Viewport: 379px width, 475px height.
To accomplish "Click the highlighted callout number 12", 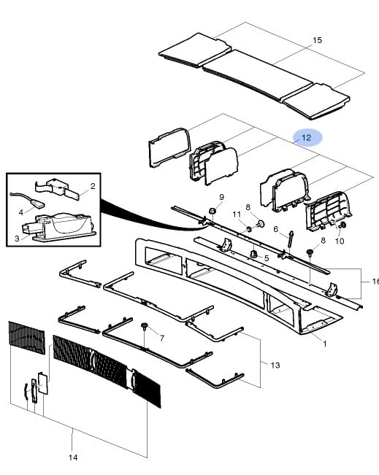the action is (x=307, y=138).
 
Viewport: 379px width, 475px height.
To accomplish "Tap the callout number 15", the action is (x=317, y=40).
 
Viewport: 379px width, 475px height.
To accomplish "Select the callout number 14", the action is (x=73, y=457).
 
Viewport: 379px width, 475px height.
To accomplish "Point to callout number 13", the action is (x=275, y=365).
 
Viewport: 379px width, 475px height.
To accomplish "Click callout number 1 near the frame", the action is (x=325, y=344).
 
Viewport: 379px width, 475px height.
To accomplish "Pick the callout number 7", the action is (x=162, y=338).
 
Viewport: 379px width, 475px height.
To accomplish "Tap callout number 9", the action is (x=222, y=197).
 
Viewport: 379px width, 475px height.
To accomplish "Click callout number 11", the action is (x=237, y=215).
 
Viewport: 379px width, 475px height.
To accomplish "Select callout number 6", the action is (x=275, y=229).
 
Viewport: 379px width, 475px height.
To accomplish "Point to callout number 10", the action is (x=340, y=241).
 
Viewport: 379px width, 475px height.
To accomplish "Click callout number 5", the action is (x=267, y=258).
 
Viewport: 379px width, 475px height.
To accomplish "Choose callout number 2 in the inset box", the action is (x=93, y=186).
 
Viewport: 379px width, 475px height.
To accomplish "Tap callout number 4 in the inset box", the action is (x=20, y=212).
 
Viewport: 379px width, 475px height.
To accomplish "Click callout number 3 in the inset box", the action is (x=17, y=239).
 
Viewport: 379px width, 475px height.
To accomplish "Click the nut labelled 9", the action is (x=213, y=211).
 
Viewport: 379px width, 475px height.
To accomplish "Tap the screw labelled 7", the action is (x=145, y=327).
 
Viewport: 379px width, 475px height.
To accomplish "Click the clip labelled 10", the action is (x=343, y=225).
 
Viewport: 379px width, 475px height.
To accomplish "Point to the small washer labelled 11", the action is (x=248, y=229).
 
